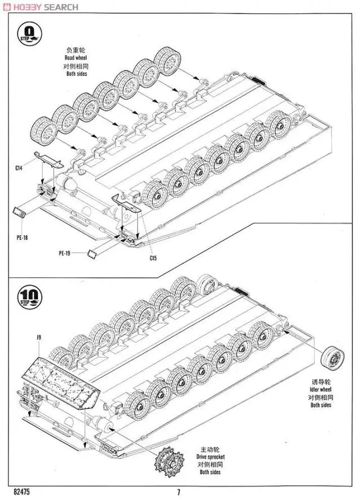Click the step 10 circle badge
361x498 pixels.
click(29, 297)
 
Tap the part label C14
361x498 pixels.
click(19, 168)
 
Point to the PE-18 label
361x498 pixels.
click(22, 237)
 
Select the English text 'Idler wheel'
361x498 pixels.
click(321, 389)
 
